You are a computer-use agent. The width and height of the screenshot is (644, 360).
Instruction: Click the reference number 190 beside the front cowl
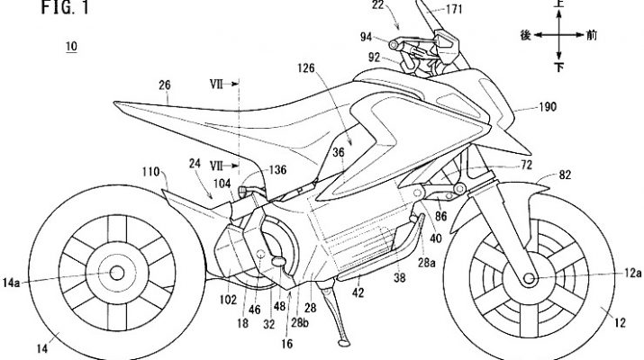click(547, 106)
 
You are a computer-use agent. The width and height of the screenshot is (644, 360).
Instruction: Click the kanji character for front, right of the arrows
click(590, 35)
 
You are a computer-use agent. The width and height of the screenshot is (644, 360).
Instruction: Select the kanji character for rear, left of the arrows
click(525, 35)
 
